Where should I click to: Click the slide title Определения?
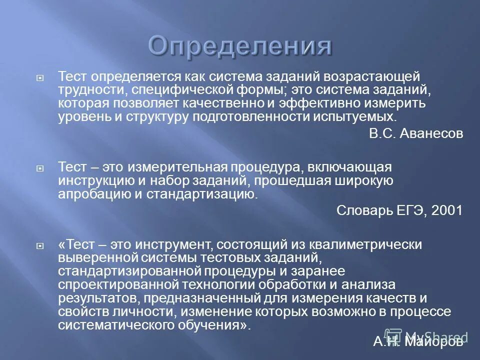240,46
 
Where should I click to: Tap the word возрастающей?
373,76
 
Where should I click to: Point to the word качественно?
251,103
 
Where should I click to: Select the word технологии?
197,285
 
